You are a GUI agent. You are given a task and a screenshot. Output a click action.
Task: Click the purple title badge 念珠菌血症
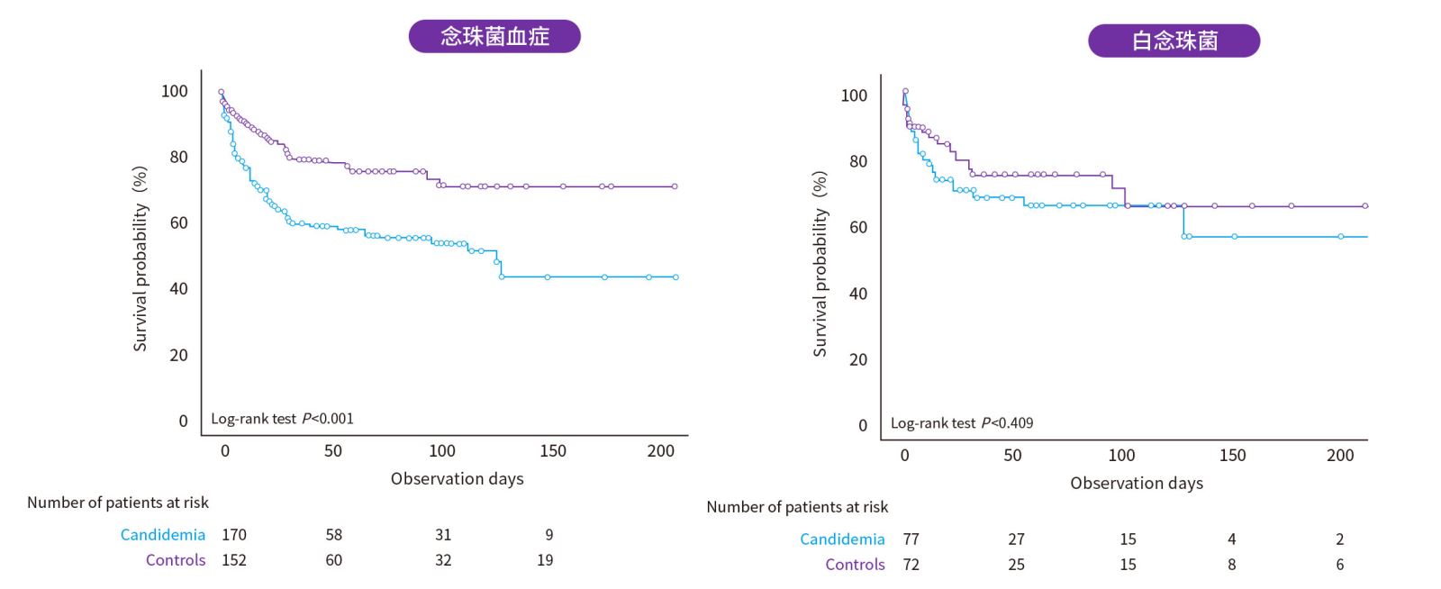(494, 36)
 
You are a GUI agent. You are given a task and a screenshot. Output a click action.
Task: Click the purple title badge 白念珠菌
(1174, 41)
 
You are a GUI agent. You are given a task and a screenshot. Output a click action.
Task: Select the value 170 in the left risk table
(234, 535)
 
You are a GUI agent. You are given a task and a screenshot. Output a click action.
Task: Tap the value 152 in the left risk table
(234, 560)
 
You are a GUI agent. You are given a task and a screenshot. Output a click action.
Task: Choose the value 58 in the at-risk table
(334, 535)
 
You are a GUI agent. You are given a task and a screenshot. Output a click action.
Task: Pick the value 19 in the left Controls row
(545, 560)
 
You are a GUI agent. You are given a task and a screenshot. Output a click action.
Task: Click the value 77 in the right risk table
(911, 539)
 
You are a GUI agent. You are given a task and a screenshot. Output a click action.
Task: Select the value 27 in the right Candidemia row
(1016, 539)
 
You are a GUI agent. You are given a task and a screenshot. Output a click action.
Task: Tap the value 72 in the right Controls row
(911, 565)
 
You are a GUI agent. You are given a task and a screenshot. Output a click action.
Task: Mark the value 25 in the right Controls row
(1016, 565)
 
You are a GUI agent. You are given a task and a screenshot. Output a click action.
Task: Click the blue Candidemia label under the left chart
(163, 535)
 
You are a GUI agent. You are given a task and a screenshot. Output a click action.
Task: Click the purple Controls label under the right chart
(855, 565)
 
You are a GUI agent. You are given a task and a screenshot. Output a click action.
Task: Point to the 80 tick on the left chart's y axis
(178, 158)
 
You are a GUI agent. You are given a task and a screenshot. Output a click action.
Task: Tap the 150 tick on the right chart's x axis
(1232, 456)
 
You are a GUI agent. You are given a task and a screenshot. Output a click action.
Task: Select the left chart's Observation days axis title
(457, 479)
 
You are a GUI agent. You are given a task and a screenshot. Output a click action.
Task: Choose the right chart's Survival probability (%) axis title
(820, 264)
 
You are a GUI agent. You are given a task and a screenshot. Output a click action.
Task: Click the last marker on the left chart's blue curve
(675, 277)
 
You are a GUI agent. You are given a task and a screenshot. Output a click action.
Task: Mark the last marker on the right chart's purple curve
(1365, 206)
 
